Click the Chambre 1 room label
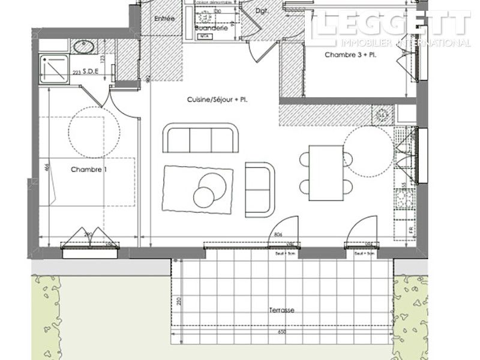point(89,170)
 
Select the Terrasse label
point(282,310)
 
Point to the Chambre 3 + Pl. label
point(349,55)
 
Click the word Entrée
point(164,19)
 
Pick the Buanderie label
point(210,28)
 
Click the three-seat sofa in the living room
point(200,139)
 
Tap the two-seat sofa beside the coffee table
point(260,189)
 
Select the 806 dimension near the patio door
point(277,235)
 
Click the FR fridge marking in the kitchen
point(411,230)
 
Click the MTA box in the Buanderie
point(204,36)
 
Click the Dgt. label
point(261,11)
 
